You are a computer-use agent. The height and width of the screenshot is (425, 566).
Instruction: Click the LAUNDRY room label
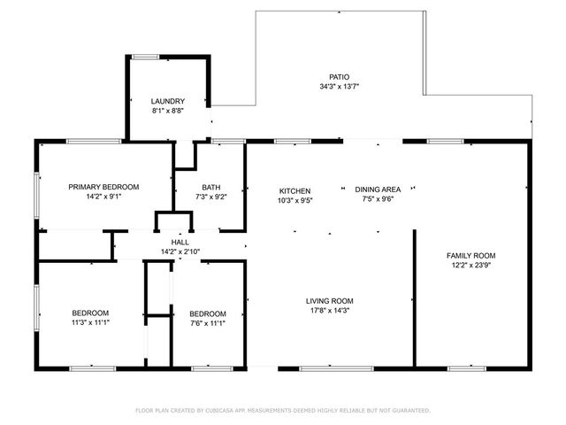pos(167,102)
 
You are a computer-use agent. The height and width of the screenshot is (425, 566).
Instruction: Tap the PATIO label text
pos(339,77)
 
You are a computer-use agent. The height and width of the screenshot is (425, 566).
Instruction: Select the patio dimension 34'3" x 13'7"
pos(339,87)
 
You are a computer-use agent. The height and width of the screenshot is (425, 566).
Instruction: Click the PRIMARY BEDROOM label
pos(104,187)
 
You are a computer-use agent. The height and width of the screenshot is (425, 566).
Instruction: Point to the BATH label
pos(210,187)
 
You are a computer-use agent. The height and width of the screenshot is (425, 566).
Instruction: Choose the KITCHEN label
pos(294,190)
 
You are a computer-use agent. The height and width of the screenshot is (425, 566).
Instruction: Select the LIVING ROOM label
pos(330,301)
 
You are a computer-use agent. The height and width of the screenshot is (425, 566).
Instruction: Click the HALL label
pos(180,242)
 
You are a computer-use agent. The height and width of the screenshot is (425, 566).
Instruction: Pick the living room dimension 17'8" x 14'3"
pos(330,311)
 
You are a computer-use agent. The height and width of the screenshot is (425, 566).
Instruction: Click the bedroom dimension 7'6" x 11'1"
pos(208,323)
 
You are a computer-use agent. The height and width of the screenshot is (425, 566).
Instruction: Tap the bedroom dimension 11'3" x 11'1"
pos(90,322)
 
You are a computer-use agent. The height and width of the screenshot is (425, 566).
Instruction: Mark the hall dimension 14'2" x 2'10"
pos(180,251)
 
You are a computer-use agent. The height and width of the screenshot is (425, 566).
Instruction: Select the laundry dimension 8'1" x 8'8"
pos(167,112)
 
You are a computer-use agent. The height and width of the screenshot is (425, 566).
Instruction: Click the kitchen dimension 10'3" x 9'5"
pos(294,200)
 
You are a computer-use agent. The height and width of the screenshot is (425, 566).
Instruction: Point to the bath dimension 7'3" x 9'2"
pos(210,197)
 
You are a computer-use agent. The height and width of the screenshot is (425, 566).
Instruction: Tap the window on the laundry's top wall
pos(145,58)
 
